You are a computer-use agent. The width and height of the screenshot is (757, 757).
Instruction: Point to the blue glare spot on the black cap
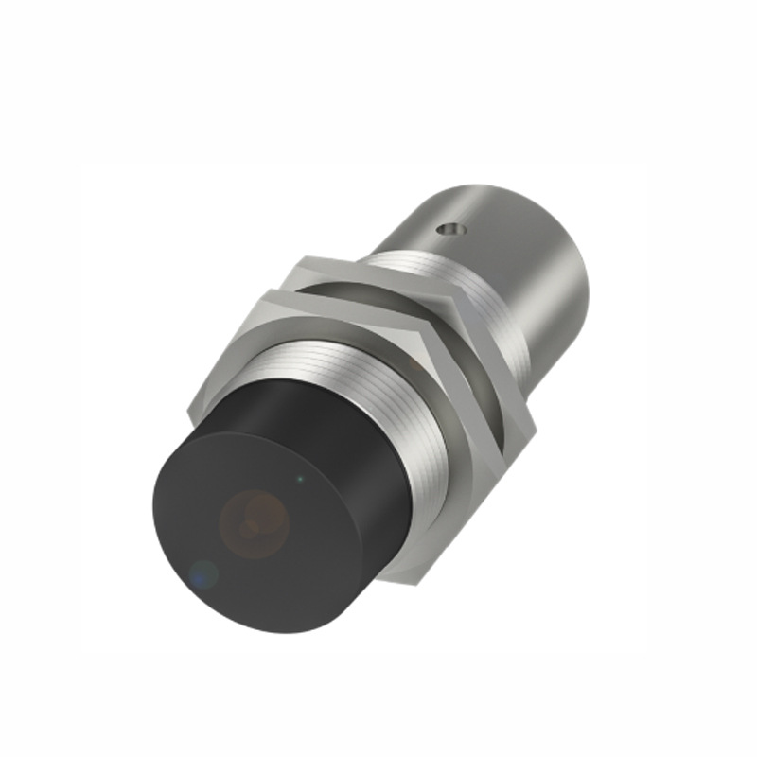pos(202,573)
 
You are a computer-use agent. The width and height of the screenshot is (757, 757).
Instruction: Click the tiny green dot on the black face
pos(301,479)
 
